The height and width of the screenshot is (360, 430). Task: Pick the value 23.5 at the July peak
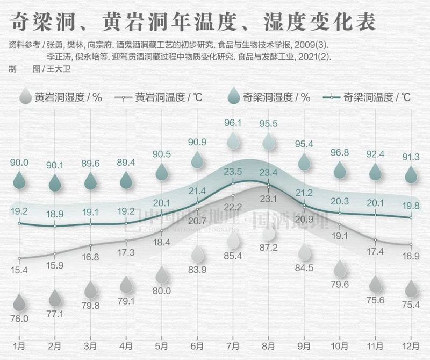tap(233, 172)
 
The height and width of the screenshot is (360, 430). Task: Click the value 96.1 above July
tap(233, 123)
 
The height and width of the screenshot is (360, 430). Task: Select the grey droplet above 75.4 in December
tap(411, 290)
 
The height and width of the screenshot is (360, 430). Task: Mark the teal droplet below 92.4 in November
tap(375, 172)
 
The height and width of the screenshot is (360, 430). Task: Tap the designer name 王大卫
tap(57, 69)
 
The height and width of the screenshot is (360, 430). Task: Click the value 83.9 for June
tap(197, 270)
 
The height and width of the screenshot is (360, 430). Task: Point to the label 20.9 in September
tap(304, 219)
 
